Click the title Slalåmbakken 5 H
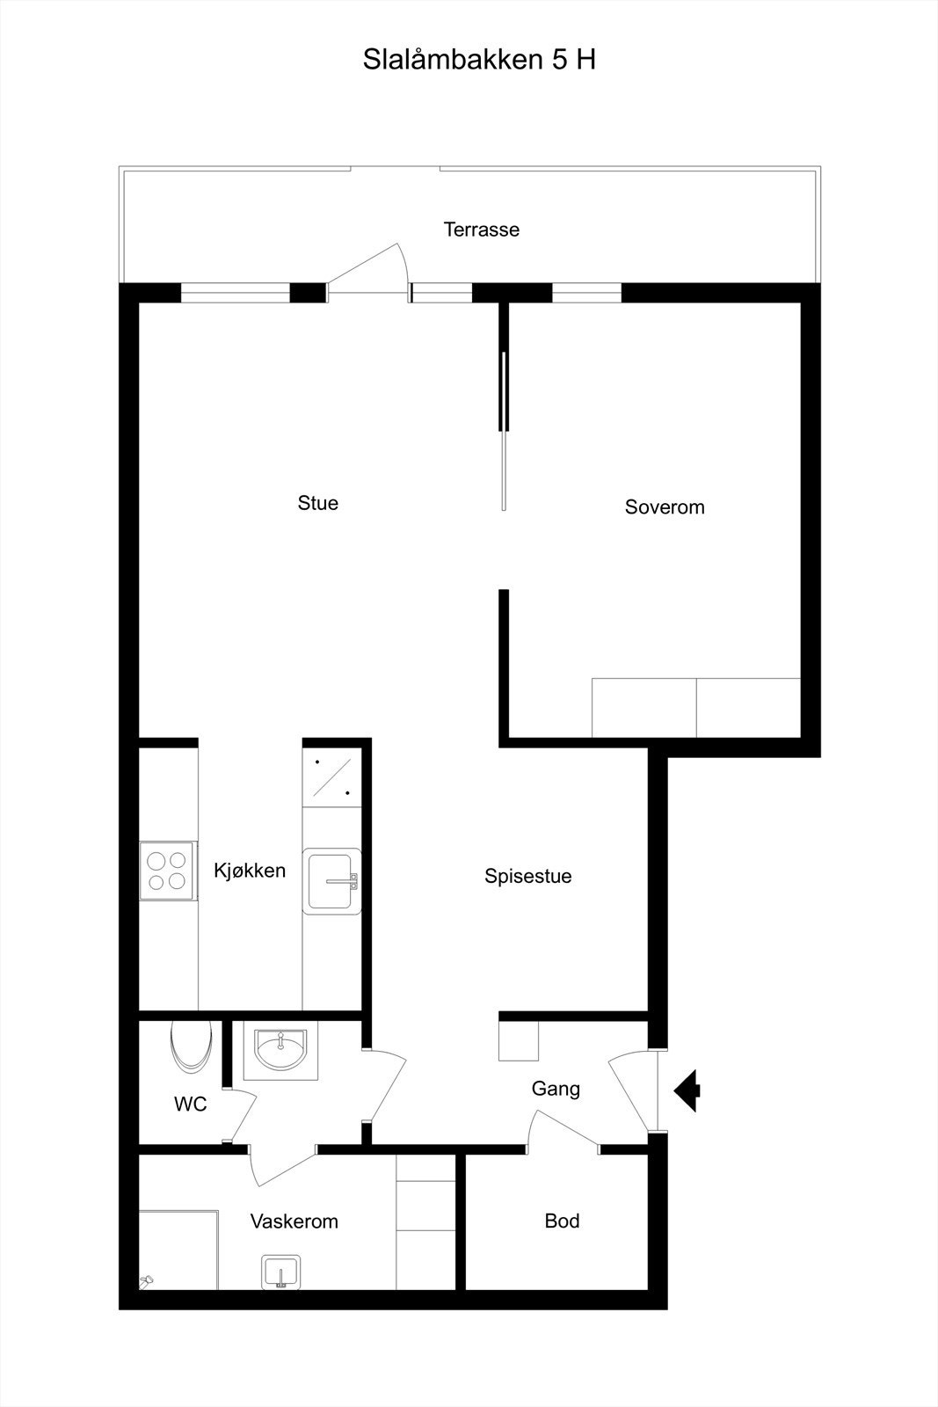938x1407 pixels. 479,60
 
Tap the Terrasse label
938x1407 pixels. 481,230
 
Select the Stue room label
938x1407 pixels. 317,503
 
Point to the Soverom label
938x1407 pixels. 665,507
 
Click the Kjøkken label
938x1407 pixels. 250,871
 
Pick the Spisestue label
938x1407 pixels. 527,876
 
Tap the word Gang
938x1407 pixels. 556,1089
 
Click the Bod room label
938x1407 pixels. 562,1221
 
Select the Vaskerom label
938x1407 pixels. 294,1221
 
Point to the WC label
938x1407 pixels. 190,1104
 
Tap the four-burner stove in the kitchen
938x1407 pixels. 167,871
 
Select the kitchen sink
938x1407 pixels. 331,880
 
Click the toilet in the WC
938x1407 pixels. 190,1044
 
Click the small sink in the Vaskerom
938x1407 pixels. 281,1272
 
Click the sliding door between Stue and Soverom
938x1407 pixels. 504,431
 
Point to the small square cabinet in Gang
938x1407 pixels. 519,1041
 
